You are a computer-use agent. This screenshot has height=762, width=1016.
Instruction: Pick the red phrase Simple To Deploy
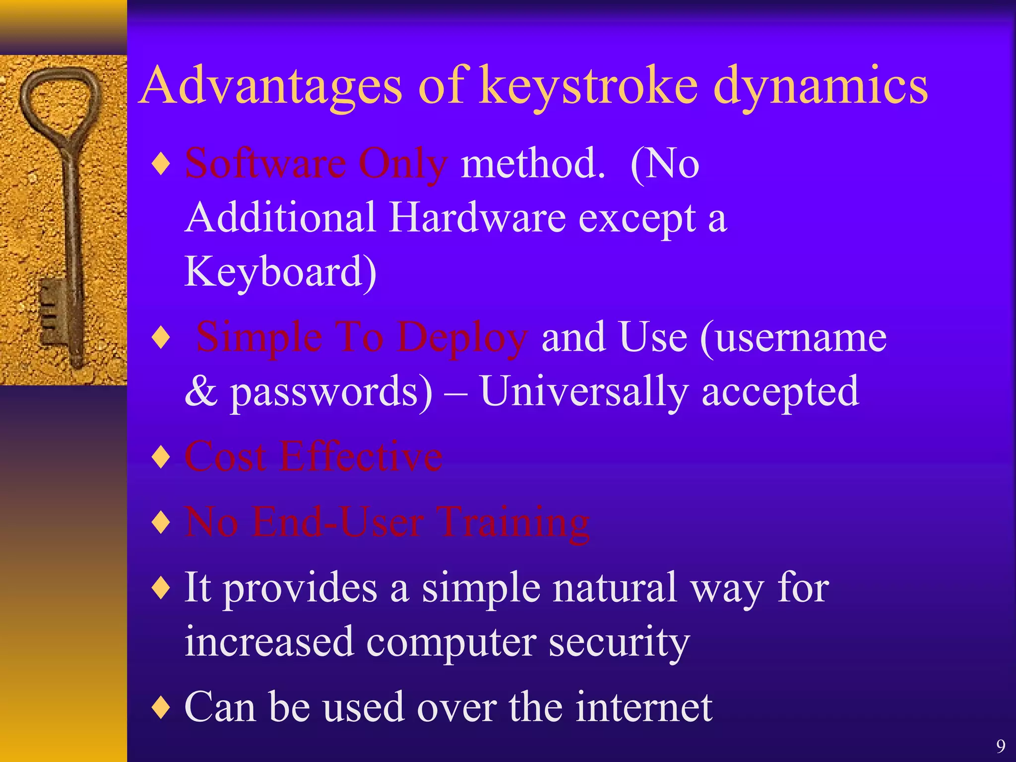[x=362, y=337]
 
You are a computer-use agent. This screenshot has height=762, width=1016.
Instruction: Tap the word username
[x=794, y=337]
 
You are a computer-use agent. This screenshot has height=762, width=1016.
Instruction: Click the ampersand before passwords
[x=201, y=392]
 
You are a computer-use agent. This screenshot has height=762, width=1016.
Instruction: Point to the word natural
[x=615, y=587]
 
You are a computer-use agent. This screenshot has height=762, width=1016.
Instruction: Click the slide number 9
[x=1001, y=746]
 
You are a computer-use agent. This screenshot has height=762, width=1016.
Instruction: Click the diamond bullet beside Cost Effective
[x=162, y=457]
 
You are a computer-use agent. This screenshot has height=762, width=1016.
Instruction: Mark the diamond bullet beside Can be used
[x=162, y=707]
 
